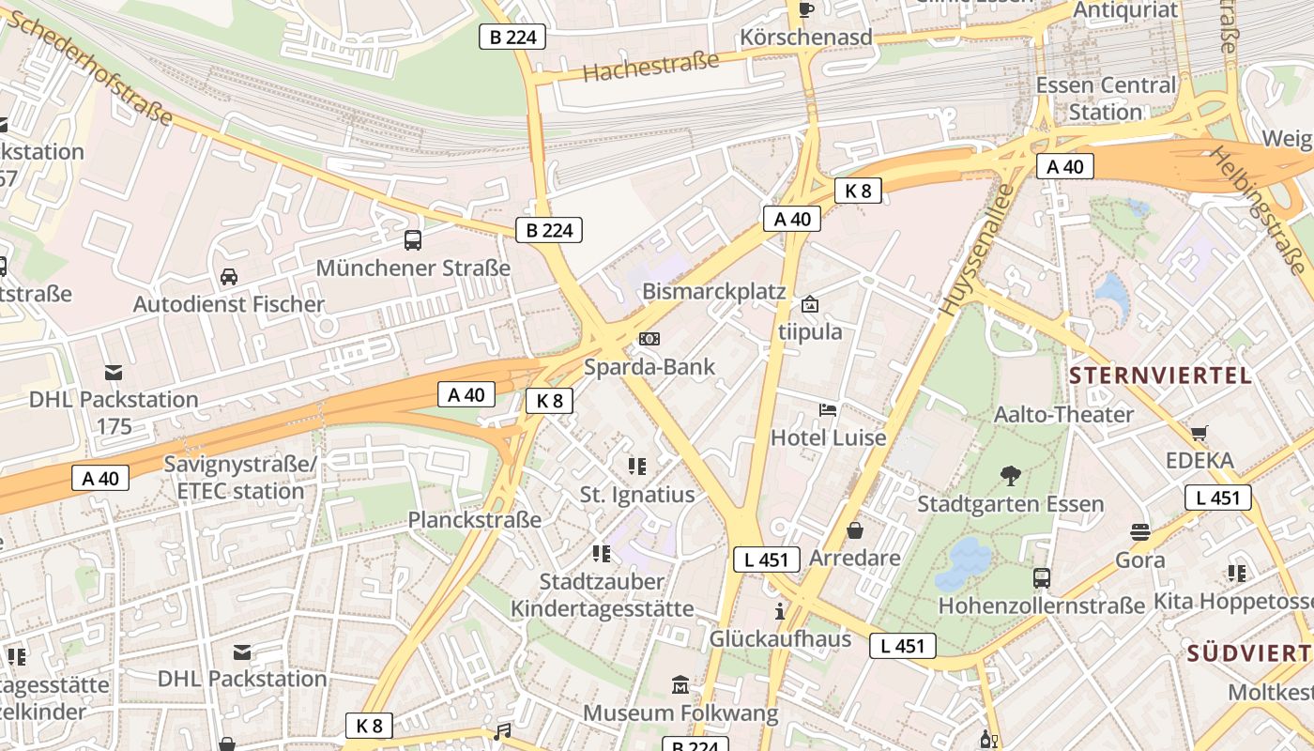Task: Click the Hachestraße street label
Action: click(650, 66)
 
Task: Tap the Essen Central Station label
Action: click(1105, 98)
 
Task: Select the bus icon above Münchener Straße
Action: click(413, 239)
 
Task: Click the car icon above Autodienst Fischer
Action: click(228, 276)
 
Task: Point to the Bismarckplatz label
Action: click(713, 291)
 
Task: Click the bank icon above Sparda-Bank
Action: click(649, 338)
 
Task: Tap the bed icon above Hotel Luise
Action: click(828, 409)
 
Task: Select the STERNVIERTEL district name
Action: click(1160, 376)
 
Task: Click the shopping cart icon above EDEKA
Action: click(1199, 433)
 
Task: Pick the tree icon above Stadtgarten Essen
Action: click(1010, 475)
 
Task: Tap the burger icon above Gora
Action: click(1140, 532)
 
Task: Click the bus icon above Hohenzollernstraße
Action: click(1042, 577)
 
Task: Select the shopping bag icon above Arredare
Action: click(855, 530)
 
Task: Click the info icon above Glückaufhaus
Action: click(779, 612)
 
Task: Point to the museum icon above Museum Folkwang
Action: click(680, 685)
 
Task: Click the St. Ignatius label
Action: click(637, 495)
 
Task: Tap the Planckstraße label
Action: click(474, 519)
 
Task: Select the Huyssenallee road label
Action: click(978, 249)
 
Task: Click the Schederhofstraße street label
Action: click(91, 69)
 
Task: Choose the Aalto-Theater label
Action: click(1063, 414)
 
